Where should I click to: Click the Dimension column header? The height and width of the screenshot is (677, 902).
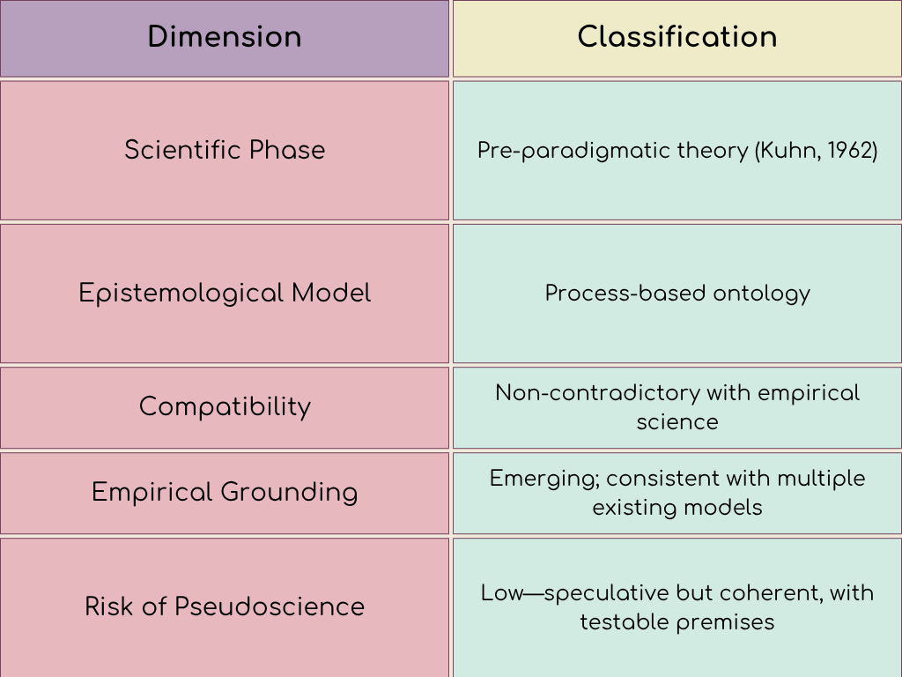pos(225,37)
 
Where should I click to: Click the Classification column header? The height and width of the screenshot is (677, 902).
pos(676,37)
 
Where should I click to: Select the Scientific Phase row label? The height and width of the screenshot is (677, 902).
pos(225,150)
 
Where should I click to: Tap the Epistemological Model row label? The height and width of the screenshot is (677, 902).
pos(225,293)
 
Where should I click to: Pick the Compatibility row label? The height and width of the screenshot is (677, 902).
pos(225,406)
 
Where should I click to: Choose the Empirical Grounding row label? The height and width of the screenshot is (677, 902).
pos(225,492)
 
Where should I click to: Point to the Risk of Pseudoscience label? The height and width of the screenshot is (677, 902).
pos(225,606)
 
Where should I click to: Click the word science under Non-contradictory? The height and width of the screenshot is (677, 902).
pos(676,421)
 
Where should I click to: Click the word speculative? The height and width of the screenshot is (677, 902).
pos(606,593)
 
